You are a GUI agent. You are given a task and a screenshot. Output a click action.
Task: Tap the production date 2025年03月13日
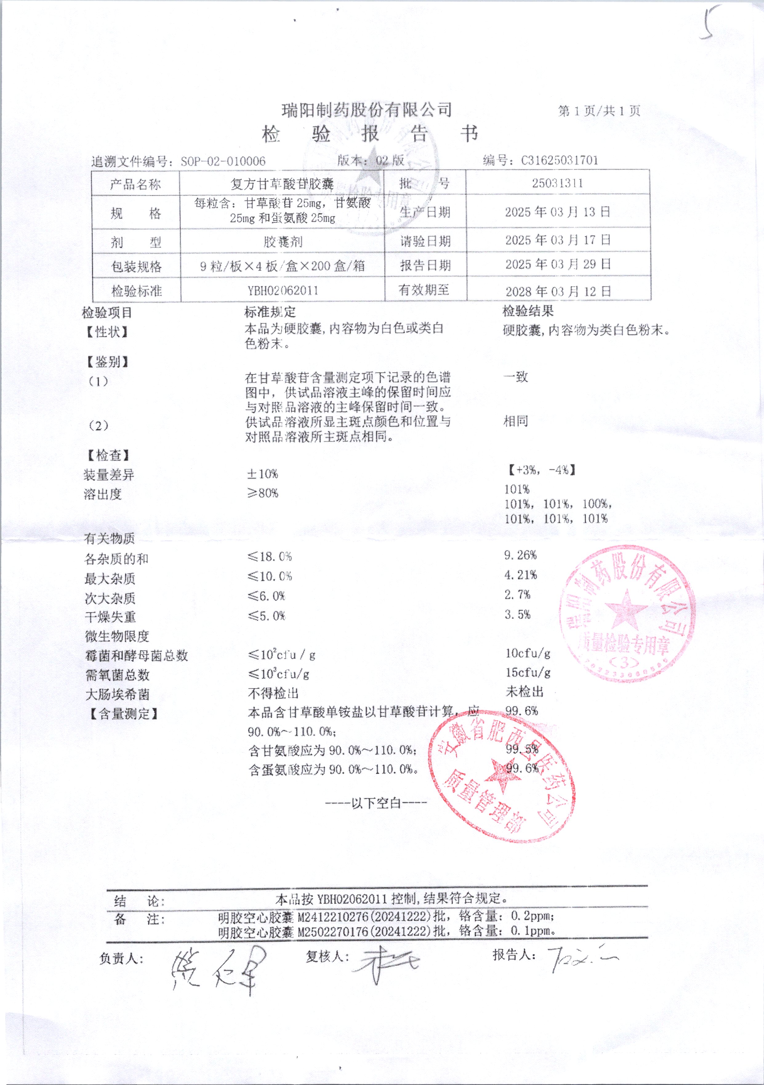tap(558, 212)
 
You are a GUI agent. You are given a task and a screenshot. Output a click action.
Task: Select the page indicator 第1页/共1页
tap(599, 111)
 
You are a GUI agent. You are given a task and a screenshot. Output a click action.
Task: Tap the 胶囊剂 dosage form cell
tap(283, 242)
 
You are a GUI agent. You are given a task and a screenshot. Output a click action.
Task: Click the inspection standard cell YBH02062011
tap(283, 291)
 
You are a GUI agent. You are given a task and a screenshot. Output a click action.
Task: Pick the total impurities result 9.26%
tap(520, 555)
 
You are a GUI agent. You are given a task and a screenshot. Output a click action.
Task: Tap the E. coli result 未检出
tap(524, 692)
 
